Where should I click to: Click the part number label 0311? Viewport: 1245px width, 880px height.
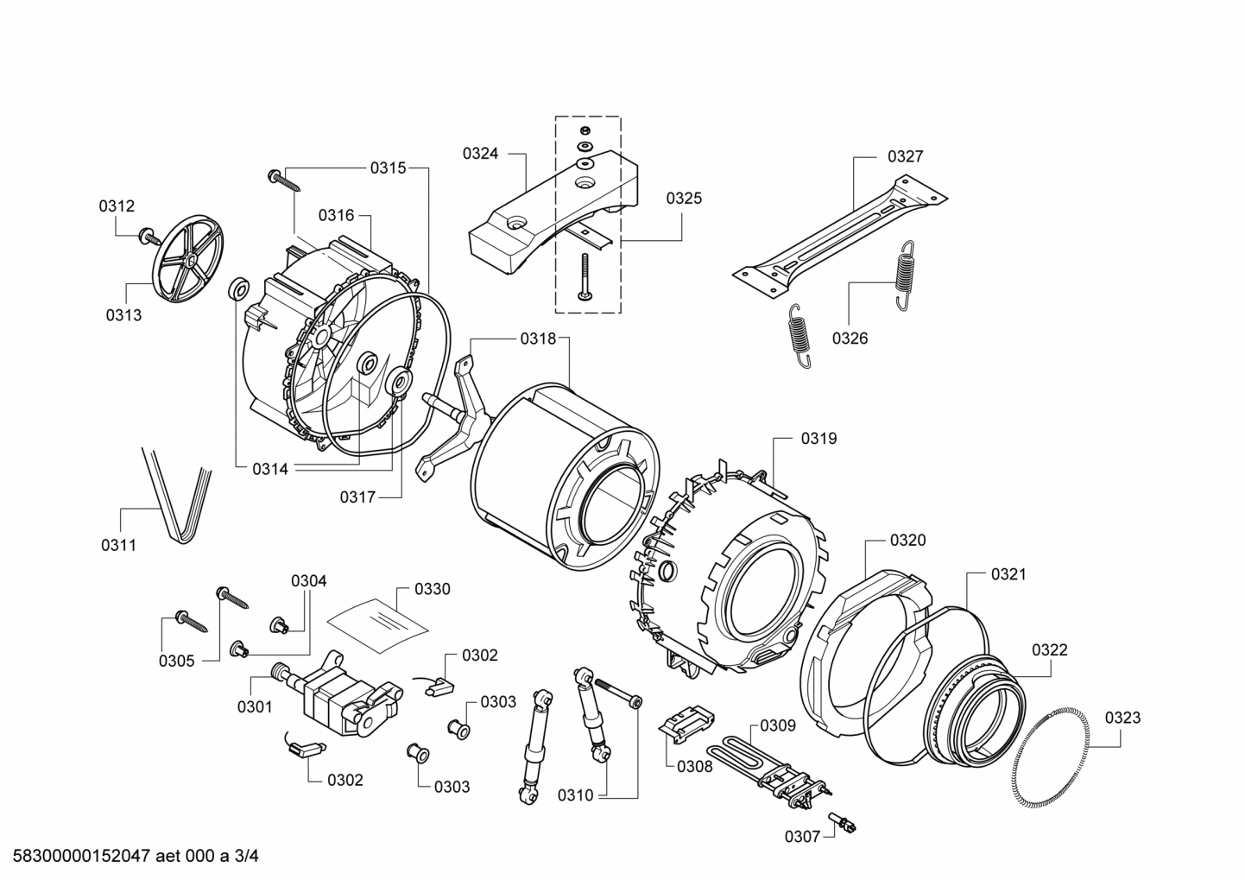click(119, 545)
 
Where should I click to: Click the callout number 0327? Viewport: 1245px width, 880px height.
click(905, 156)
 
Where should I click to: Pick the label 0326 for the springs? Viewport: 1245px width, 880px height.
click(850, 338)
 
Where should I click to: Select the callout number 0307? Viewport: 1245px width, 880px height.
click(802, 836)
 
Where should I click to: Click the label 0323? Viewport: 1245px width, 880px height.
click(1122, 718)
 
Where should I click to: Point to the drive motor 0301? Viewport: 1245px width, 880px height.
click(345, 694)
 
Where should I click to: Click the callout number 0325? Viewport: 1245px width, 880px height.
click(684, 198)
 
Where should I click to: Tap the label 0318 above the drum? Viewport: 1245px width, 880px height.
click(538, 339)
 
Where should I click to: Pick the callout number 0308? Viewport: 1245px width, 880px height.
click(694, 766)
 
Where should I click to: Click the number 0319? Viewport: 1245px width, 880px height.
click(818, 439)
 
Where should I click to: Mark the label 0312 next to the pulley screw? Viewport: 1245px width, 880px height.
click(117, 206)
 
